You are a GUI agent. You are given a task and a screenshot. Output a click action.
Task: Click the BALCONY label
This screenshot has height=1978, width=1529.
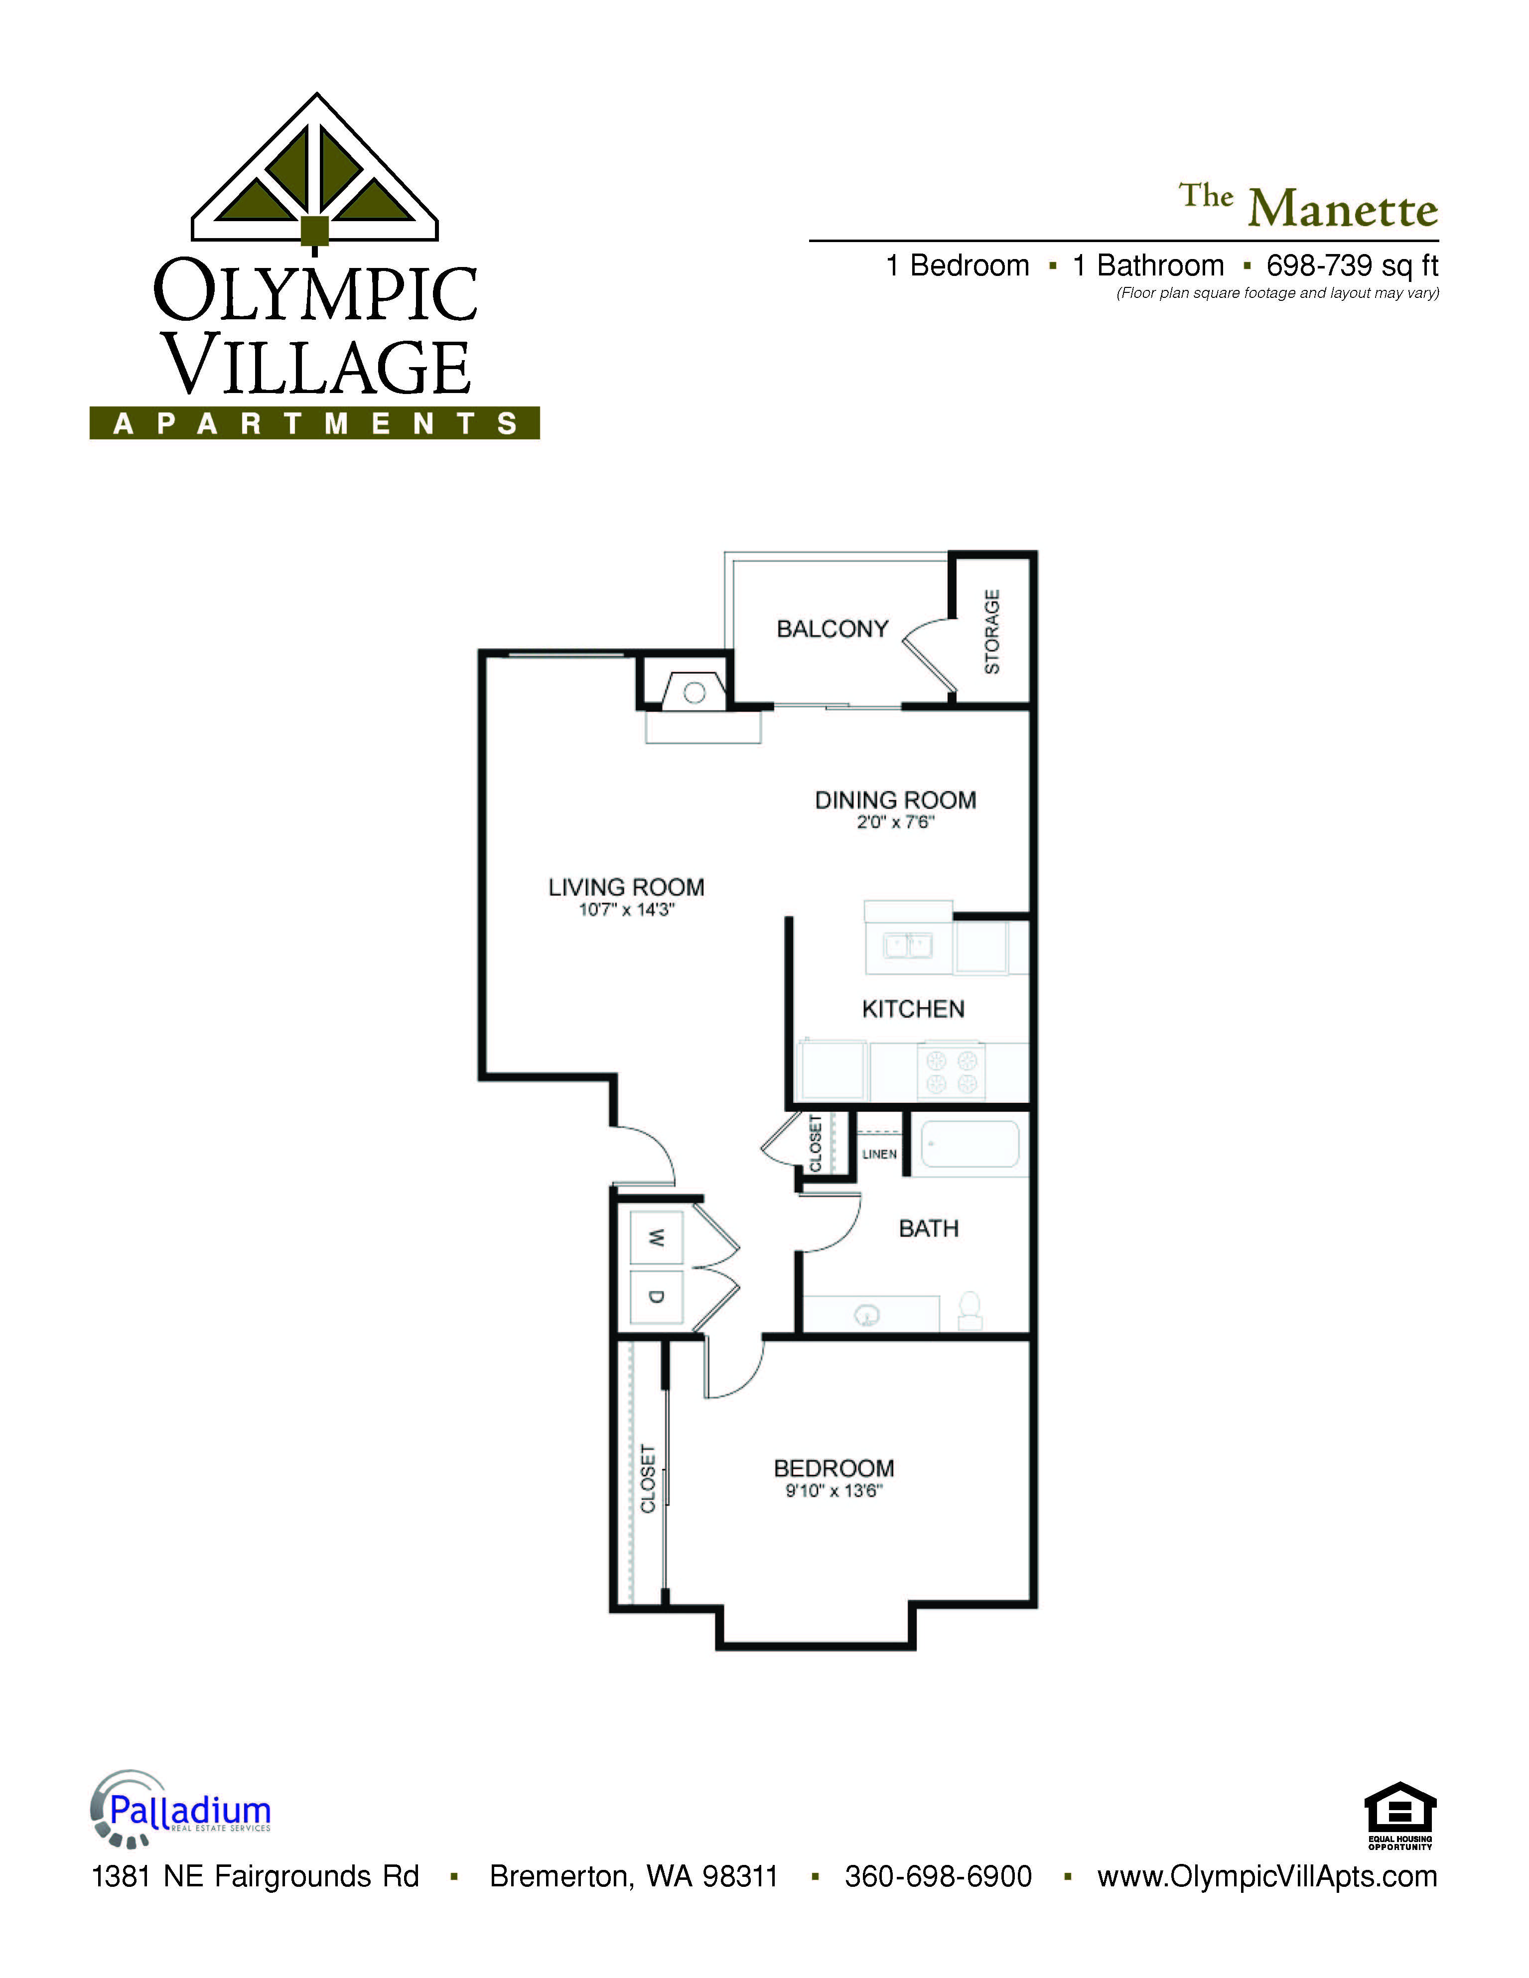tap(833, 629)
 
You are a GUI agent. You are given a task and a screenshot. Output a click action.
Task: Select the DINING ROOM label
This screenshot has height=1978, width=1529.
tap(895, 799)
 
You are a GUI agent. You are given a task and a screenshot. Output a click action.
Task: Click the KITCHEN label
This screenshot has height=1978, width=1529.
tap(913, 1009)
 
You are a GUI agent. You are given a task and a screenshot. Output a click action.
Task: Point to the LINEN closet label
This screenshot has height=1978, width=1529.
tap(879, 1154)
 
